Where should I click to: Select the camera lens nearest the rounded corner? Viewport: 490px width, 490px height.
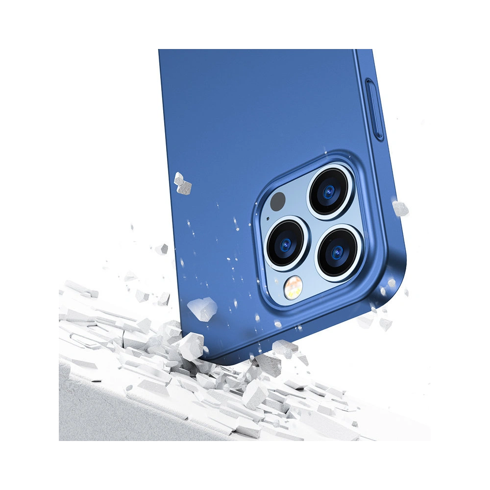pos(339,253)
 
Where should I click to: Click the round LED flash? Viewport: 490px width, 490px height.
pos(294,284)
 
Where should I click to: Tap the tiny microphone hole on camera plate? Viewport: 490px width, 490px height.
pos(268,219)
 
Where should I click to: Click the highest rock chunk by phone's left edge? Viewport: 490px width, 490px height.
pos(183,182)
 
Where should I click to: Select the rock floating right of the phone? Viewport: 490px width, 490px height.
pos(400,208)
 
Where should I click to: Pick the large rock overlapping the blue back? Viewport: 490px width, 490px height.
pos(202,308)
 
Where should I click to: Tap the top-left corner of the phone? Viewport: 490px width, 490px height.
pos(159,49)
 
